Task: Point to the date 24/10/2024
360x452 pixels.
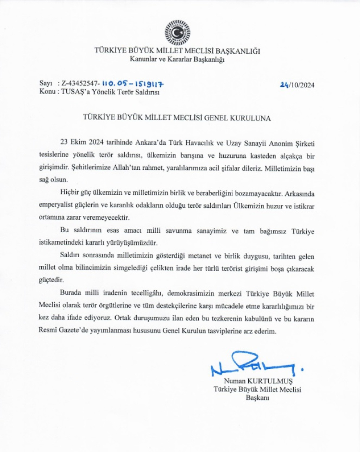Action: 298,84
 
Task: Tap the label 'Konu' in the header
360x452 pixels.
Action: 47,92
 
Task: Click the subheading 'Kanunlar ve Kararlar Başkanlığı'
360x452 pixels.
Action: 177,59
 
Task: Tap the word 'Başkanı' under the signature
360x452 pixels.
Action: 257,398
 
